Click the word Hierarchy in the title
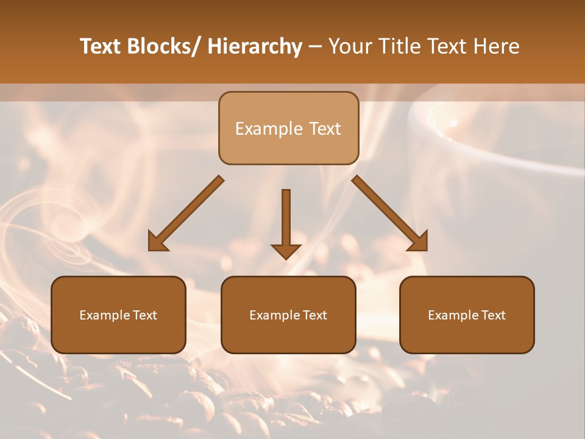pyautogui.click(x=255, y=46)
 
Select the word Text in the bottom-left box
pyautogui.click(x=145, y=315)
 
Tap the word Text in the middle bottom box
pyautogui.click(x=315, y=315)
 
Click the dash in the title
pyautogui.click(x=315, y=48)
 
